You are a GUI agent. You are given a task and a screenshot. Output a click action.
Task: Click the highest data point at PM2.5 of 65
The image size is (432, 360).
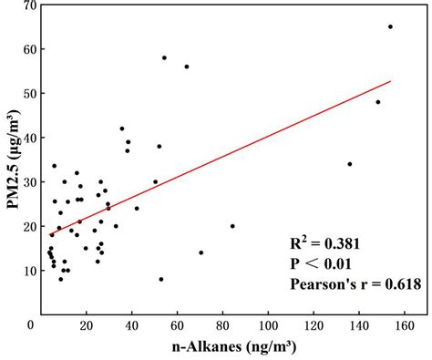pyautogui.click(x=390, y=26)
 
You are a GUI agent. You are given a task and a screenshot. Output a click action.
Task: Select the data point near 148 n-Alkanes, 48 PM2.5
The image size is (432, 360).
pyautogui.click(x=378, y=102)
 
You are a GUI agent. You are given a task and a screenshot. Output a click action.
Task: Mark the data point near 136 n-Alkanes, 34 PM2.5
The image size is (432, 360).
pyautogui.click(x=350, y=164)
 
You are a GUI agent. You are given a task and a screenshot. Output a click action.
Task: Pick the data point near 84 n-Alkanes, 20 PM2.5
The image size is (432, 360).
pyautogui.click(x=232, y=226)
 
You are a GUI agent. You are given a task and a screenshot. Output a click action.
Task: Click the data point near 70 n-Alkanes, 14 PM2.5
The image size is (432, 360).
pyautogui.click(x=201, y=252)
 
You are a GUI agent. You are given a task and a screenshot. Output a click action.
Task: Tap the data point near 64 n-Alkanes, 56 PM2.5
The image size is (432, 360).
pyautogui.click(x=187, y=67)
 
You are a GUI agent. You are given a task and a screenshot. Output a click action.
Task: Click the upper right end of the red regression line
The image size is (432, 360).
pyautogui.click(x=390, y=81)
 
